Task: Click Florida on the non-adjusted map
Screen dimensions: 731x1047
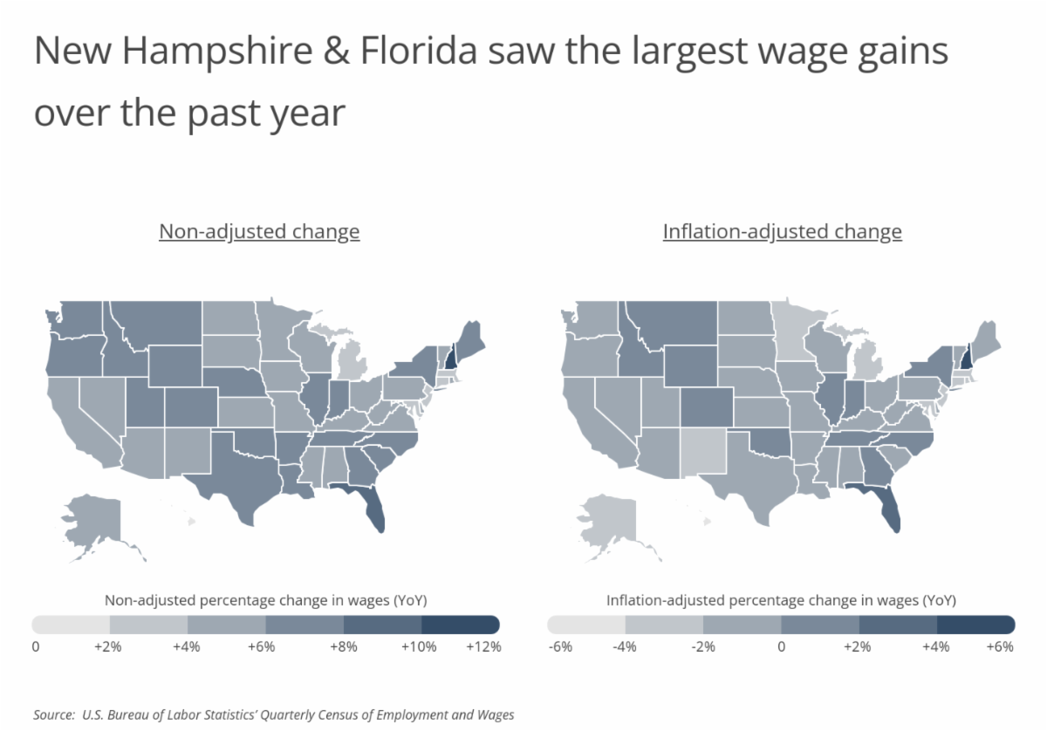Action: [371, 511]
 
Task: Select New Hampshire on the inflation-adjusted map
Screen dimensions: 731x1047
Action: [966, 355]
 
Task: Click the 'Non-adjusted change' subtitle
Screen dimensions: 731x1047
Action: [259, 232]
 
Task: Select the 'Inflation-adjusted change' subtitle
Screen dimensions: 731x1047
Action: [782, 232]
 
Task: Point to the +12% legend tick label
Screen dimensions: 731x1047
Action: [483, 647]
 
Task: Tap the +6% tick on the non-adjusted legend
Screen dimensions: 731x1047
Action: [262, 647]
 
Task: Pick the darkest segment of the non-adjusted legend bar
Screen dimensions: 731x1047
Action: [460, 625]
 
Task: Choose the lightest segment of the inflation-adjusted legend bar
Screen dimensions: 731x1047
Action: [586, 625]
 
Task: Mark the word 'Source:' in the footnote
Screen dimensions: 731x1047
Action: [52, 714]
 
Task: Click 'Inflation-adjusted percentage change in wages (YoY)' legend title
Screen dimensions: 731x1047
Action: [781, 600]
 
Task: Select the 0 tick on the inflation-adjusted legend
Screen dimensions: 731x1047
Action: [781, 647]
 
